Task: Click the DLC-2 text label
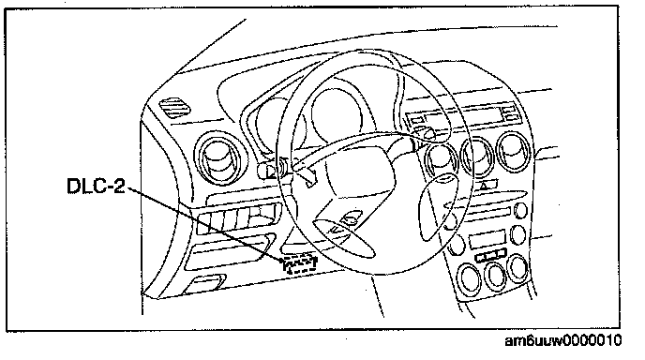click(x=96, y=186)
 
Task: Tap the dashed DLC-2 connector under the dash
click(x=300, y=263)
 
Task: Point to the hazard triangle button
click(x=484, y=186)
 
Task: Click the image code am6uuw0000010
click(x=563, y=340)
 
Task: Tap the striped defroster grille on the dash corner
click(x=174, y=108)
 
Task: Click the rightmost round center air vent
click(x=515, y=152)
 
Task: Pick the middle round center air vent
click(x=477, y=157)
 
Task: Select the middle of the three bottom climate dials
click(x=495, y=275)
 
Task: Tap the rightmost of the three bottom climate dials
click(x=517, y=268)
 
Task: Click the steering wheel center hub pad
click(x=359, y=181)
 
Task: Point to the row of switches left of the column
click(x=239, y=218)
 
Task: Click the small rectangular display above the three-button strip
click(x=487, y=239)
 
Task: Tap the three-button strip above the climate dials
click(x=490, y=255)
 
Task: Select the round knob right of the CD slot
click(x=521, y=210)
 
